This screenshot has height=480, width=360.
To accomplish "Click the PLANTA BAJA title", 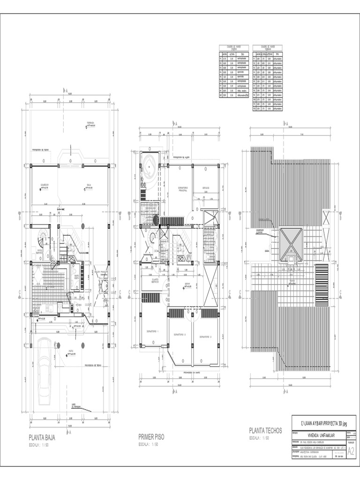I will click(x=42, y=438).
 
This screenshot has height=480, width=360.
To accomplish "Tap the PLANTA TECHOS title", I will click(x=265, y=430).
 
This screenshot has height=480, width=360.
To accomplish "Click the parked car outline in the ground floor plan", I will click(x=45, y=362).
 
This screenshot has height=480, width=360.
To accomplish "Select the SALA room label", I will click(x=89, y=185).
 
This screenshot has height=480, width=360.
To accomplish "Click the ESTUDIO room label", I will click(x=206, y=188).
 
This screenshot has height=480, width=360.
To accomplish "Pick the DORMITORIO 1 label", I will click(x=152, y=331).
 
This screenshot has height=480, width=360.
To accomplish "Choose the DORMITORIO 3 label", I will click(x=203, y=337).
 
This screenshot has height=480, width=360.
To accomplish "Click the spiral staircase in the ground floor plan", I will click(x=43, y=242).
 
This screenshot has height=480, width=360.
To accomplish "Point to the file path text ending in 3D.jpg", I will click(x=323, y=423).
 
